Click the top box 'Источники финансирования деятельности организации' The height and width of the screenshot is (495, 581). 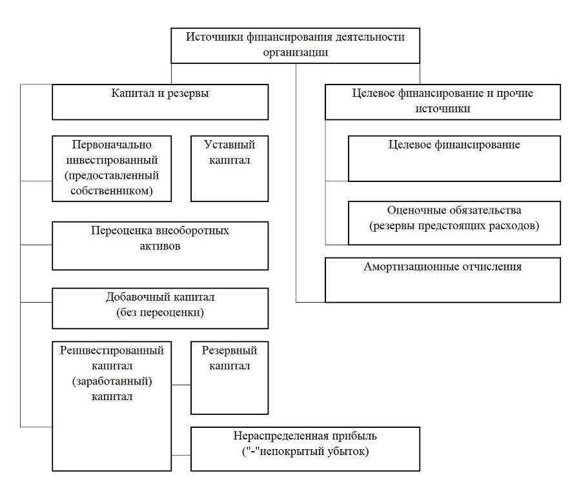point(295,46)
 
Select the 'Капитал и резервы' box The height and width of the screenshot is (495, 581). point(160,102)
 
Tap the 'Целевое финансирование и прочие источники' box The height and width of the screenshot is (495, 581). point(443,102)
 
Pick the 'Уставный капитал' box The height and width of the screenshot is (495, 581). point(229,168)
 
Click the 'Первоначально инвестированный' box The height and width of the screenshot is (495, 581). point(112,168)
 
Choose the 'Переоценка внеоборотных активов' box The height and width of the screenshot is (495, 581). point(160,246)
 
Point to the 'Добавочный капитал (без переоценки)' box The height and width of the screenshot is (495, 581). point(160,308)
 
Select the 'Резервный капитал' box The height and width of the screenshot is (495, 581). point(229,378)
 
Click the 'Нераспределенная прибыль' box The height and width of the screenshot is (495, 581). point(305,449)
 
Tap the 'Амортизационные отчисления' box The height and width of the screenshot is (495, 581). point(443,280)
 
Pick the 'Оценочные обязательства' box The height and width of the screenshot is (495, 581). point(454,223)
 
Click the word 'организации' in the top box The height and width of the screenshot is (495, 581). point(295,52)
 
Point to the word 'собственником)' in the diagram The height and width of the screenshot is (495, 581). point(112,191)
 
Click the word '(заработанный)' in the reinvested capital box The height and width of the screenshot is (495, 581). point(112,381)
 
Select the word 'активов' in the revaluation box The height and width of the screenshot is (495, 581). point(160,246)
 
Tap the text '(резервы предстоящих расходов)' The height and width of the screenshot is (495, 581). point(454,226)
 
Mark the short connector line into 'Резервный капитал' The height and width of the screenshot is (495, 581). point(181,385)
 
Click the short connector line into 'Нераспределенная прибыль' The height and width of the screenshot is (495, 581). point(181,455)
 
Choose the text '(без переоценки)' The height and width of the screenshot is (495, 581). point(160,312)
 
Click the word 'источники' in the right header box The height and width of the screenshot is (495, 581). point(443,108)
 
